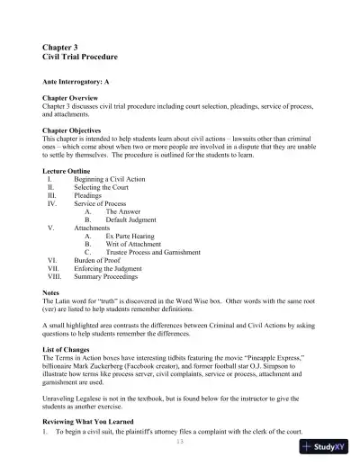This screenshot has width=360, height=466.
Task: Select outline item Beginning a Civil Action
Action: pos(105,181)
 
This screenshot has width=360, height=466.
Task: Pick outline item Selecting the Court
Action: pos(97,189)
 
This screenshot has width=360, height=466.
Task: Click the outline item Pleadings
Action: pos(88,197)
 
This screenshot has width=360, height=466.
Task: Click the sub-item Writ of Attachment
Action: pos(132,246)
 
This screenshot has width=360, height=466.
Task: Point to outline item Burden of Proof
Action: pos(100,263)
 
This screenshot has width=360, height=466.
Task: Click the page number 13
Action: pos(179,442)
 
